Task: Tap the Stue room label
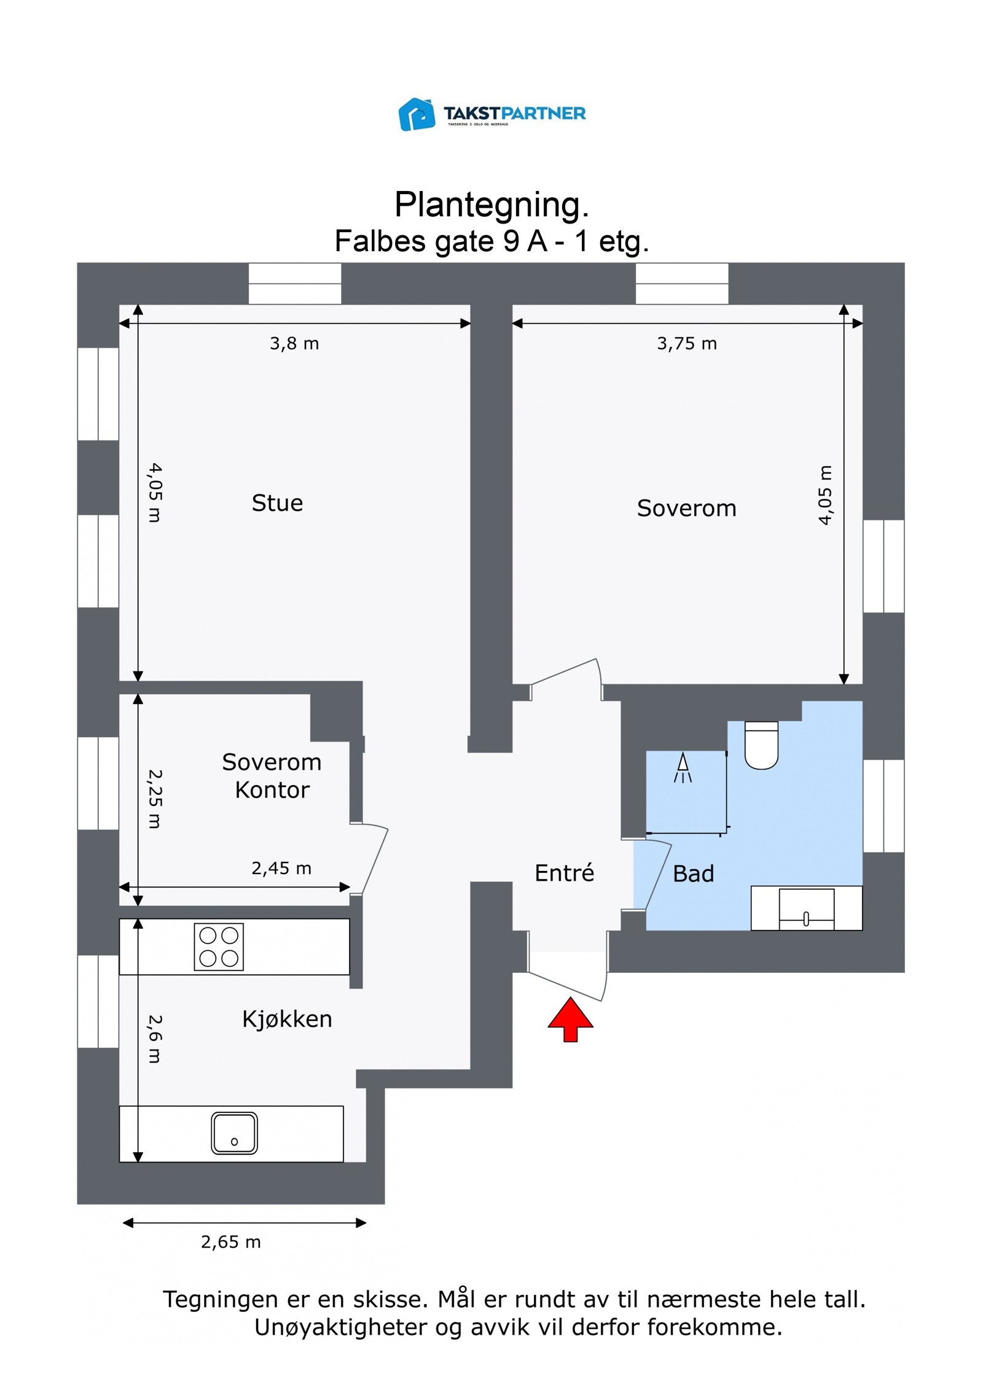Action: point(277,503)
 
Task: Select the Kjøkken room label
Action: point(287,1019)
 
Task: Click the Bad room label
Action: point(693,874)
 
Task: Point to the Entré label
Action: point(564,873)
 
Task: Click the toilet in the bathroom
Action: point(761,745)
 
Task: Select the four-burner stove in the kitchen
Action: point(219,947)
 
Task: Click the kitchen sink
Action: point(234,1133)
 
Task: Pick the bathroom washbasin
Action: point(806,908)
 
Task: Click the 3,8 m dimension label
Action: point(294,343)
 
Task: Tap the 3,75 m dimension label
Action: point(687,343)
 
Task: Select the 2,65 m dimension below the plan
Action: point(231,1242)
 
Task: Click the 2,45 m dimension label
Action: point(281,868)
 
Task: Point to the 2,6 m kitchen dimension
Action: point(155,1039)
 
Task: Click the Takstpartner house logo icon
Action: point(417,114)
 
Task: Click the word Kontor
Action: point(272,790)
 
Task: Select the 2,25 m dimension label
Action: point(155,798)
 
